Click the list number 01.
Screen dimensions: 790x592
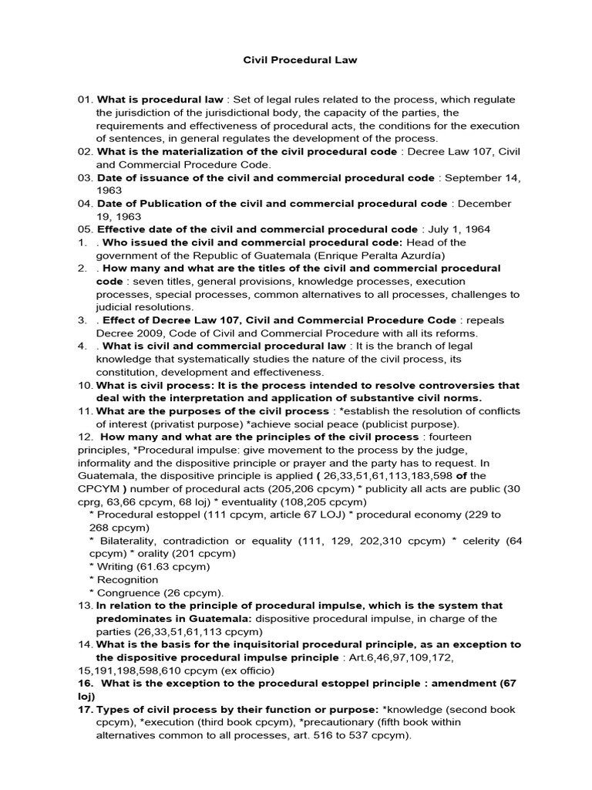[x=84, y=100]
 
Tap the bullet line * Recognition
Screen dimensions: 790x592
[x=124, y=579]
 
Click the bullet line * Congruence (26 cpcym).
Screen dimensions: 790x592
[x=156, y=592]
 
